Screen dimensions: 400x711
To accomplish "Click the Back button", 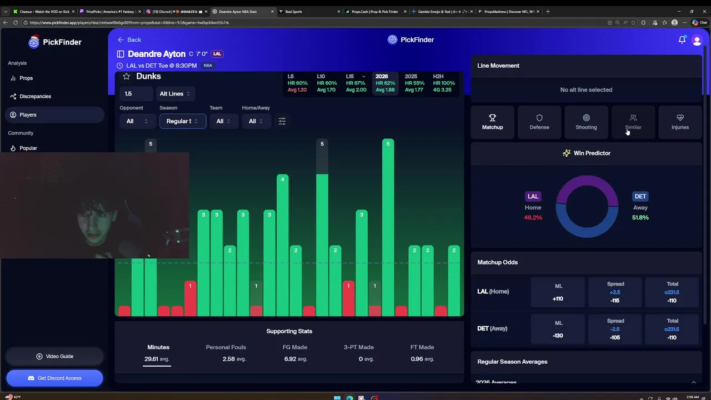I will click(129, 40).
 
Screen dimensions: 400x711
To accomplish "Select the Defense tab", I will click(539, 122).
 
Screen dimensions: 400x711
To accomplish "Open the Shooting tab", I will click(586, 122).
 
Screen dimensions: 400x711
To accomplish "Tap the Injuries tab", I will click(680, 122).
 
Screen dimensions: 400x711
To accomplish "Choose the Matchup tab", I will click(492, 122).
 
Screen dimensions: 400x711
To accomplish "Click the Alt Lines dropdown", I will click(175, 94).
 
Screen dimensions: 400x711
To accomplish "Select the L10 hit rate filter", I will click(327, 83).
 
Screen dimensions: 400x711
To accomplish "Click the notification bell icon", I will click(682, 40).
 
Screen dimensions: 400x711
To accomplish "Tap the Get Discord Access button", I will click(54, 378).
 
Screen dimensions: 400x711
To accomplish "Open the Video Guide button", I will click(54, 357).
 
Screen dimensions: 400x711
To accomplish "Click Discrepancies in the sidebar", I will click(35, 97).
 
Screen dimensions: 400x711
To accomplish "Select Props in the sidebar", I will click(26, 78).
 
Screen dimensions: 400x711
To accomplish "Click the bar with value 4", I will click(283, 244).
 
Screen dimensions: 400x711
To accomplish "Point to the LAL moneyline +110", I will click(558, 299).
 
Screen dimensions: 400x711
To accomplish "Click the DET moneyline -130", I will click(558, 336).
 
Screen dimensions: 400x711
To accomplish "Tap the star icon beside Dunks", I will click(126, 77).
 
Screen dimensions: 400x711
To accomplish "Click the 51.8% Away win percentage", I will click(640, 218).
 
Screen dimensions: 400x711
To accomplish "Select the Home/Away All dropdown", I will click(256, 121).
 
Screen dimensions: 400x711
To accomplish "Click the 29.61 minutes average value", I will click(151, 359).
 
